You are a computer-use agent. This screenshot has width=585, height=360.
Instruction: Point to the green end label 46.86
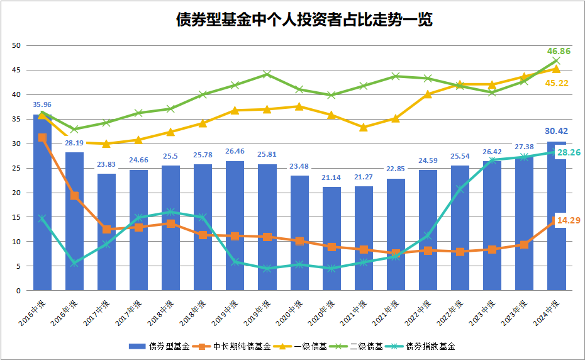click(x=559, y=51)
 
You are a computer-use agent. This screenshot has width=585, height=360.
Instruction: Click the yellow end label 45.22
click(x=557, y=83)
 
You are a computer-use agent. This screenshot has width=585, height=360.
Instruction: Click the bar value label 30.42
click(x=556, y=132)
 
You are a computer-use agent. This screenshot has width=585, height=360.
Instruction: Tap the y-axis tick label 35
click(x=17, y=119)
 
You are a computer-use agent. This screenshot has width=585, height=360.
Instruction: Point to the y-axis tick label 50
click(x=17, y=45)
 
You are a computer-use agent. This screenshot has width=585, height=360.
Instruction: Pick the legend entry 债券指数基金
click(x=425, y=346)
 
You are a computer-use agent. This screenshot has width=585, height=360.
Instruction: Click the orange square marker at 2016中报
click(x=42, y=137)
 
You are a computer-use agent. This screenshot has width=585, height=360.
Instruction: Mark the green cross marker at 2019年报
click(x=267, y=74)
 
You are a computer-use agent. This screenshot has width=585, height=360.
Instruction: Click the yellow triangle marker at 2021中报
click(x=363, y=127)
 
